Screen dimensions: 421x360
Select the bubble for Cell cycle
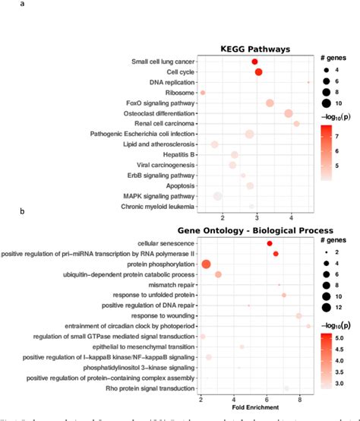tap(258, 72)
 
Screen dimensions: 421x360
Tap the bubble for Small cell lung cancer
tap(254, 62)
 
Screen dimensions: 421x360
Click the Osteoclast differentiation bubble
tap(289, 113)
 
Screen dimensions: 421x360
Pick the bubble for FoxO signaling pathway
tap(270, 103)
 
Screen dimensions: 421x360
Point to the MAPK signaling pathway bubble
tap(218, 196)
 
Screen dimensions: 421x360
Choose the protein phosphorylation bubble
tap(206, 264)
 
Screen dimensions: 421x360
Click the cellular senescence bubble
tap(270, 243)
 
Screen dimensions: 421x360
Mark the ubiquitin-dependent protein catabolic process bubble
tap(218, 274)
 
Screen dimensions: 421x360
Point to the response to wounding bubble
tap(298, 315)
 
